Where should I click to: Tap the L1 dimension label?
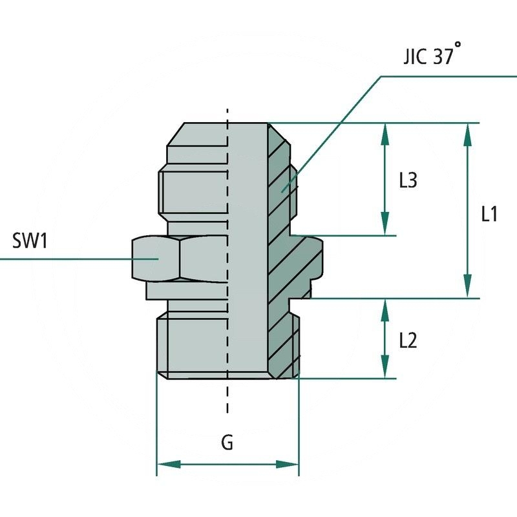(x=489, y=214)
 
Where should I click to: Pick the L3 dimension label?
(x=408, y=181)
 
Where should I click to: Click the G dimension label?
(x=227, y=443)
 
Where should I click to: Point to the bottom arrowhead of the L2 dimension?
(x=385, y=370)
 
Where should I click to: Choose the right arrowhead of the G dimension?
(x=290, y=465)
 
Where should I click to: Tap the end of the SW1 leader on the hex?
(x=157, y=258)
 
